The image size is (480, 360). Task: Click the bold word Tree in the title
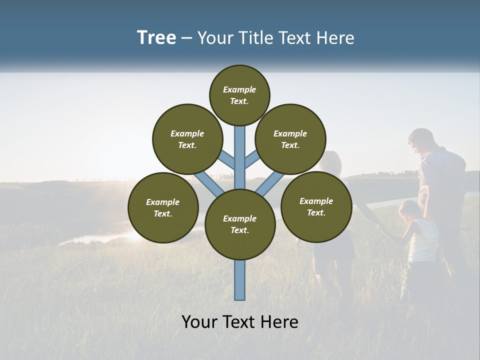(156, 38)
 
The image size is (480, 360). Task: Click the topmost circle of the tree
(239, 95)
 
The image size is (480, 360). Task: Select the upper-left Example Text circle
(187, 139)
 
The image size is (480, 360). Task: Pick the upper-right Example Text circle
(290, 139)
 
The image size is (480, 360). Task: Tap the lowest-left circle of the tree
(163, 207)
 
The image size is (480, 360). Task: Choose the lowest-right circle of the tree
(316, 206)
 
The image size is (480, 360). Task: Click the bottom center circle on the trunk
(240, 224)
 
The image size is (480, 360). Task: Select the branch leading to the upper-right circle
(252, 160)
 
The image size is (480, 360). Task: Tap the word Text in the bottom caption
(241, 322)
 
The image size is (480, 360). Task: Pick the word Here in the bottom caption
(281, 322)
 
